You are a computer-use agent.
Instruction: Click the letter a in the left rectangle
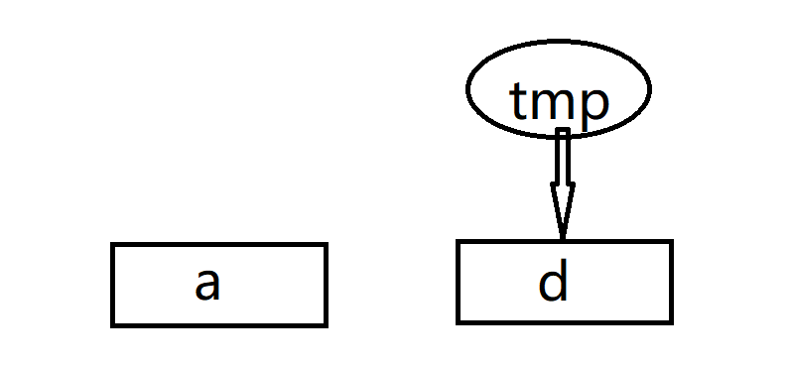pos(206,285)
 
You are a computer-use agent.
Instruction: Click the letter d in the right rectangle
pos(553,282)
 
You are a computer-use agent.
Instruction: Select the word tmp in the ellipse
pos(558,99)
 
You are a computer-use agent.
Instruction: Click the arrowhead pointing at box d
pos(562,210)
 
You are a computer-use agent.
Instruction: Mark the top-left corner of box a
pos(113,245)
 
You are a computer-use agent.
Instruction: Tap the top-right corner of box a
pos(325,245)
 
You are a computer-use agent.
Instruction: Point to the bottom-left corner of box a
pos(113,323)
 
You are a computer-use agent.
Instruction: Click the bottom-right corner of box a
pos(325,323)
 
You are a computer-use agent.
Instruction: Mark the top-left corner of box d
pos(459,242)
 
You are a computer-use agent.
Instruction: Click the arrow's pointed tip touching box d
pos(562,237)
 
